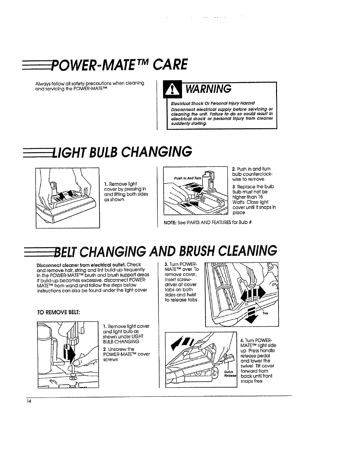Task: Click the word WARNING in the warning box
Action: [208, 88]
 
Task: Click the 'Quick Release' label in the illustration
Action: [231, 374]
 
